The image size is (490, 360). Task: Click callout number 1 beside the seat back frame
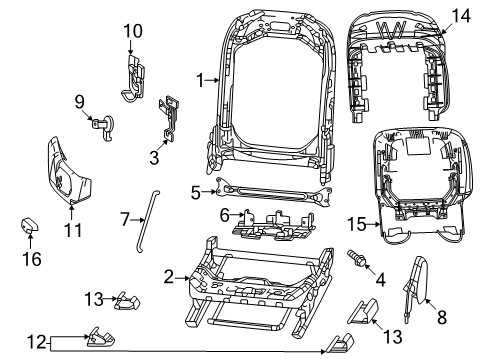[x=200, y=76]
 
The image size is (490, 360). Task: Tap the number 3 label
[x=154, y=156]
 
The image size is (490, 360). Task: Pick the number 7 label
[x=125, y=217]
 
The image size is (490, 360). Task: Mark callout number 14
[x=459, y=16]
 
